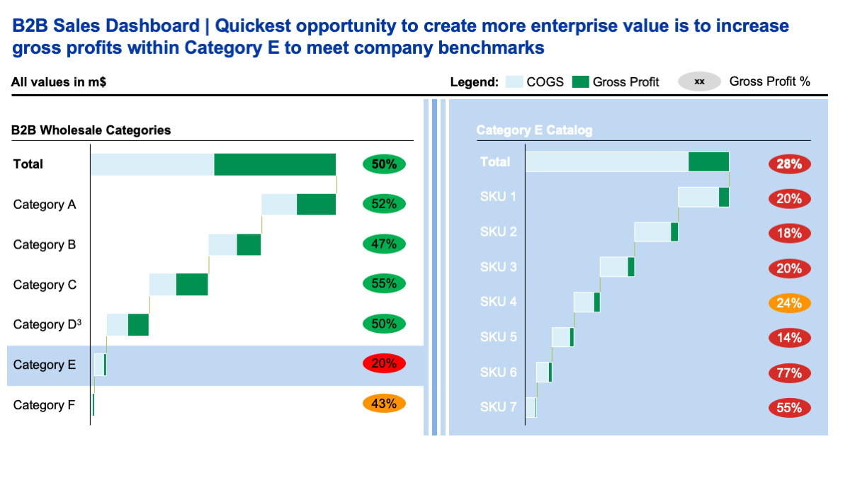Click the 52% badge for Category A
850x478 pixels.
click(x=384, y=204)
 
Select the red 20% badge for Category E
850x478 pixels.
click(x=384, y=365)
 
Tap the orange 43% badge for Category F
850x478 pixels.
click(x=384, y=404)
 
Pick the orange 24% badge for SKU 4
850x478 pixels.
click(x=789, y=303)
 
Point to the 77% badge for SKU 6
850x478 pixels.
click(x=789, y=372)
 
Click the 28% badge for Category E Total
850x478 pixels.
click(x=789, y=164)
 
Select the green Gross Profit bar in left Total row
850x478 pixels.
click(x=275, y=164)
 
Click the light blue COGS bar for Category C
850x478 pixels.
click(x=162, y=284)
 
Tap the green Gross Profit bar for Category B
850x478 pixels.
click(x=249, y=244)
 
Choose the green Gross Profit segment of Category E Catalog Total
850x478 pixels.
click(x=708, y=161)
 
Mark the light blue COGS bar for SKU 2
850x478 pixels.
click(x=652, y=232)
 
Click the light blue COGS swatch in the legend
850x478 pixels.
click(x=514, y=82)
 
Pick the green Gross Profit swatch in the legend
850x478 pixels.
click(x=580, y=82)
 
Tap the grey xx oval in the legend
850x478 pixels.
click(x=699, y=82)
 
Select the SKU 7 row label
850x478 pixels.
click(x=499, y=406)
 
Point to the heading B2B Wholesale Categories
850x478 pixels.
click(x=91, y=130)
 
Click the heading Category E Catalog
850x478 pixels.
click(x=534, y=130)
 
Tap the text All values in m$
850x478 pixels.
click(x=59, y=82)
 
